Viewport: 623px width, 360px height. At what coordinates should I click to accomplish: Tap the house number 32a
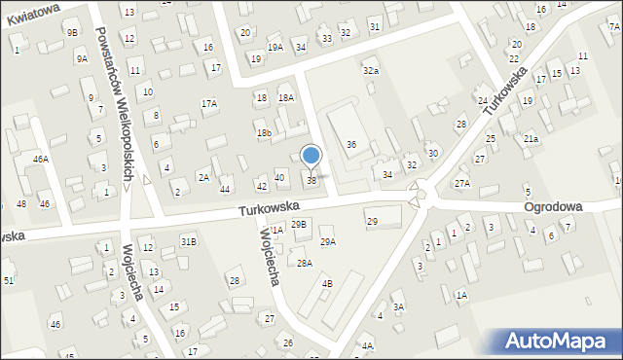371,71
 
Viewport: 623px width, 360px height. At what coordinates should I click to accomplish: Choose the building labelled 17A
208,103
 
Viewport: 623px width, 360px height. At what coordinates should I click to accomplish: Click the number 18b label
263,133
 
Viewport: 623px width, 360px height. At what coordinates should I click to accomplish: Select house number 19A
275,47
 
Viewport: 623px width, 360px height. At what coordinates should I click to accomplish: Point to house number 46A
40,158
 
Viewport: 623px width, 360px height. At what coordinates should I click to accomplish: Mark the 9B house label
72,32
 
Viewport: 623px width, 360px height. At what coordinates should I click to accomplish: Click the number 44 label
225,189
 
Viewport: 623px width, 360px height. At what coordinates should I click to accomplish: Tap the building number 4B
327,283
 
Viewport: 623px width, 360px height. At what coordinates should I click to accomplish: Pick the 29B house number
299,224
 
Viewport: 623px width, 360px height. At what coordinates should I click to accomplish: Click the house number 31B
188,240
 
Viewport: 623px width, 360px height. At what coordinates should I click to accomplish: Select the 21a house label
531,139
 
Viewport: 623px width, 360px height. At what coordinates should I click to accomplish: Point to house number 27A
462,183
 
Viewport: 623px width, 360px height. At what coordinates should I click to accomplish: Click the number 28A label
305,263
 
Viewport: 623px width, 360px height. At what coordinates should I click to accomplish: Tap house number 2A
203,177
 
